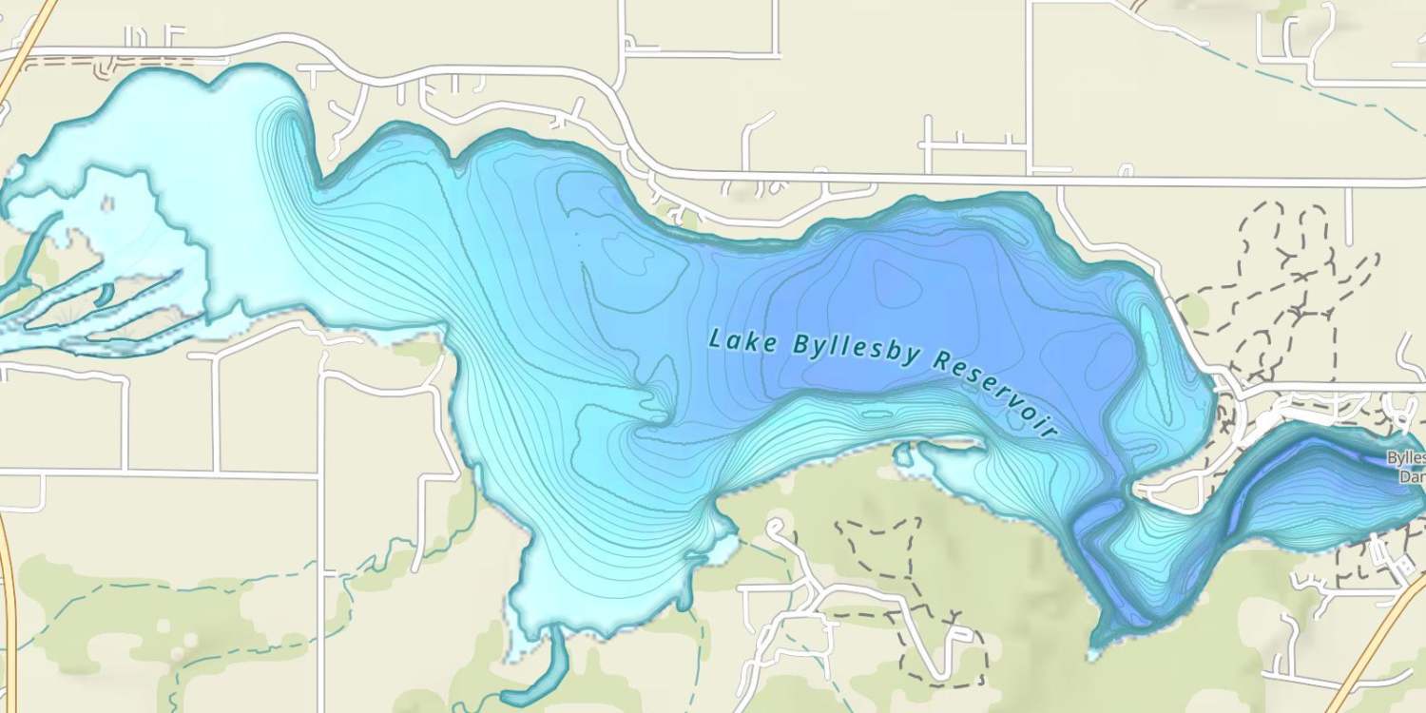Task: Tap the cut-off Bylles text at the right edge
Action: pos(1406,457)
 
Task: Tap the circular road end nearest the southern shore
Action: pos(776,526)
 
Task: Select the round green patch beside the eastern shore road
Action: pos(1194,309)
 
